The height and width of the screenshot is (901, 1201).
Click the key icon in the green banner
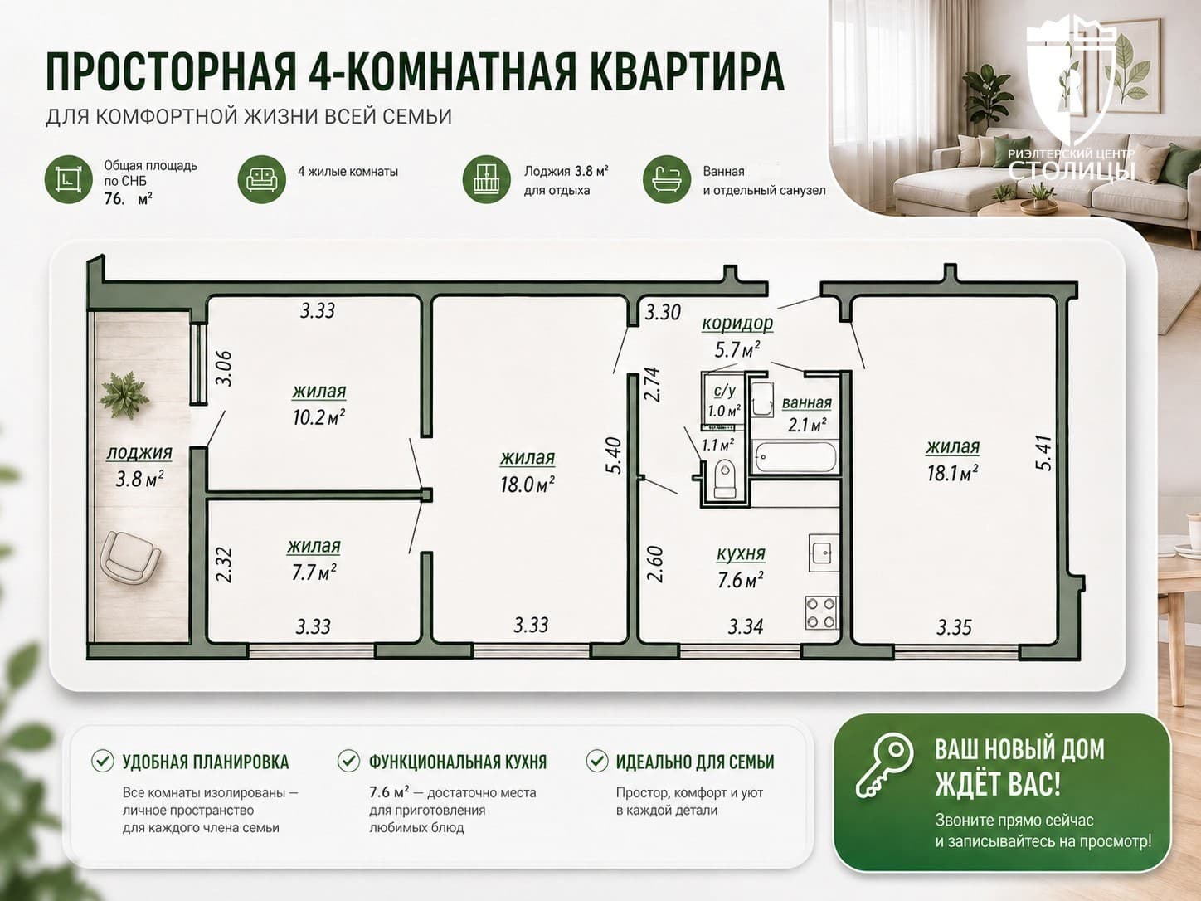(885, 765)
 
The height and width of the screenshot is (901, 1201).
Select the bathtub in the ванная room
(795, 455)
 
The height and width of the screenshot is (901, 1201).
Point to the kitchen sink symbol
(824, 552)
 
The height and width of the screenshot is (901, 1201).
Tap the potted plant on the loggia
(124, 394)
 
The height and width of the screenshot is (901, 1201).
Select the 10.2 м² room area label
(319, 417)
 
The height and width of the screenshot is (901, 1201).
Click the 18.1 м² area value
(953, 472)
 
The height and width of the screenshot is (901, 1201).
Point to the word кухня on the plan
(741, 553)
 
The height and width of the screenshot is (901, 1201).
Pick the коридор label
(737, 324)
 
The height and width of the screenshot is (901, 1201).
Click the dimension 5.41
(1043, 452)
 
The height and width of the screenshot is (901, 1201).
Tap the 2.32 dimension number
(224, 564)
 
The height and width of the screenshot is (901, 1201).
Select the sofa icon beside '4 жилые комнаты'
(261, 179)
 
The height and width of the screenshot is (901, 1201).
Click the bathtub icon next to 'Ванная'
(666, 179)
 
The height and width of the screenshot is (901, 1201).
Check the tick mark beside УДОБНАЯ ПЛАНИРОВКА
(102, 761)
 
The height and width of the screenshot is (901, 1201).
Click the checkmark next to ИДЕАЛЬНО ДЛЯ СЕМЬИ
(597, 761)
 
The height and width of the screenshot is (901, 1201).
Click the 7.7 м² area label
(314, 572)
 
